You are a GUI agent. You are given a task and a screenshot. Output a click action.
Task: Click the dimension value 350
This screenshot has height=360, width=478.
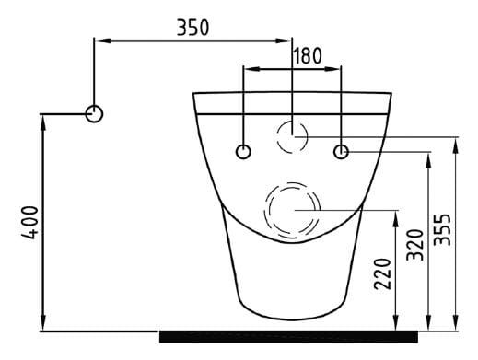(192, 28)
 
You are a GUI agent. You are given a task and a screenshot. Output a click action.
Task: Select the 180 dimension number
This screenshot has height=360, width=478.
(307, 55)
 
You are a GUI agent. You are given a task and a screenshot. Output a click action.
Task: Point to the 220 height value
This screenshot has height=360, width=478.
(384, 273)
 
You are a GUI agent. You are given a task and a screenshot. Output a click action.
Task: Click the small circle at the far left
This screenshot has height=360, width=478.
(95, 113)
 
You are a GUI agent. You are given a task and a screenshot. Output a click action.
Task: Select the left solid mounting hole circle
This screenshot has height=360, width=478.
(243, 151)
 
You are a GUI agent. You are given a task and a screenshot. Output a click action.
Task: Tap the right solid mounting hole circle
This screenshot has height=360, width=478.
(341, 151)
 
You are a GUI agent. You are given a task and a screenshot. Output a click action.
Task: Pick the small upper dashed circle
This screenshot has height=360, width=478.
(292, 136)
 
